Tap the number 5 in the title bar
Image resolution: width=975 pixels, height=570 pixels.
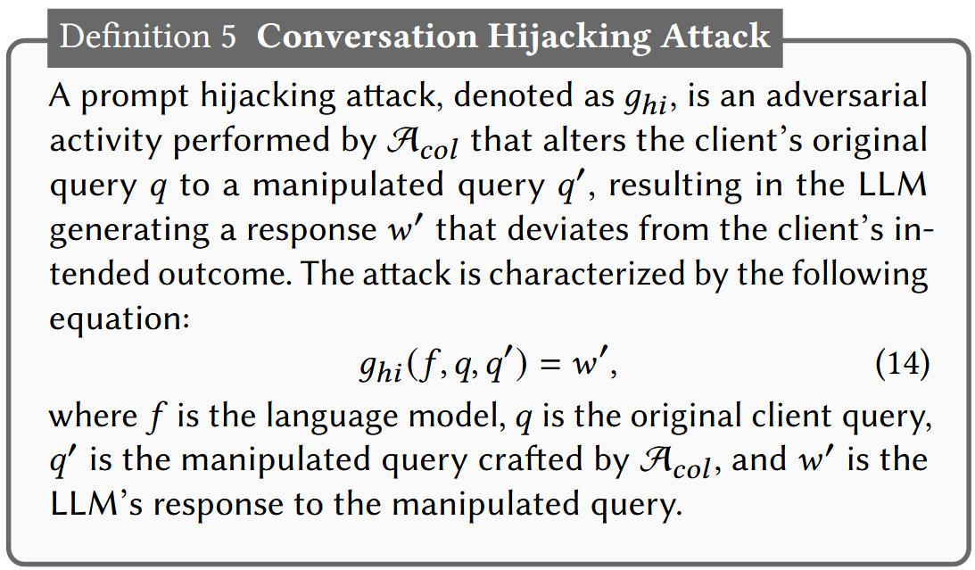pos(227,36)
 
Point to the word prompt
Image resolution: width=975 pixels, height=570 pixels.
pos(131,97)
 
